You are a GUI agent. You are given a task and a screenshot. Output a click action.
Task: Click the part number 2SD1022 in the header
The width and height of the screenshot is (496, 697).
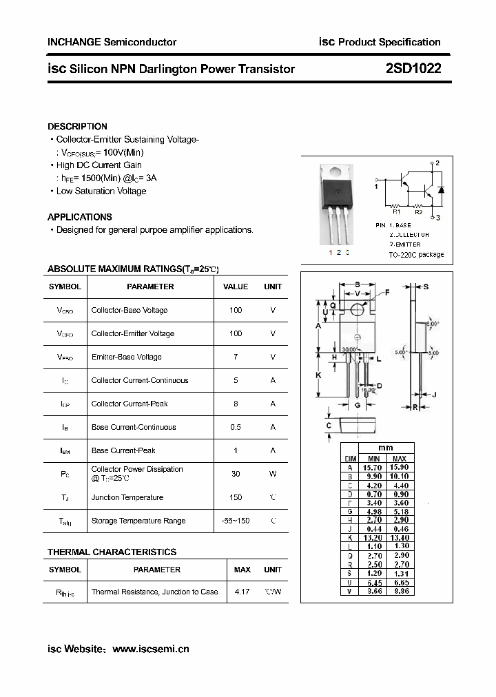tap(413, 69)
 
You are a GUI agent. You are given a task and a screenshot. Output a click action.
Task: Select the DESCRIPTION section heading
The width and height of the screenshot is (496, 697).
tap(77, 127)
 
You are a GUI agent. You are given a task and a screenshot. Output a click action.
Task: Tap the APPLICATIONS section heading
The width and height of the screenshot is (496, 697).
tap(80, 217)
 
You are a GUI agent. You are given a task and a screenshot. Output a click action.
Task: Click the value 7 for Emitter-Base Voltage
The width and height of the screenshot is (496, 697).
tap(236, 357)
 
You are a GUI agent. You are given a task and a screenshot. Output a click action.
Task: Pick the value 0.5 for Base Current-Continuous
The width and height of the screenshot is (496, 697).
tap(236, 427)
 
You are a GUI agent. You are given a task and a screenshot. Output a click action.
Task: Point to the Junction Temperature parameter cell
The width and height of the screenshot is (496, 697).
tap(127, 497)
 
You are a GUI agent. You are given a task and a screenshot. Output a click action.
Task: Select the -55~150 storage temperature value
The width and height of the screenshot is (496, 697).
tap(236, 521)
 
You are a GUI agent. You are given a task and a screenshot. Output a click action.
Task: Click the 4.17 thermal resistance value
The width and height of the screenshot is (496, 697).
tap(242, 592)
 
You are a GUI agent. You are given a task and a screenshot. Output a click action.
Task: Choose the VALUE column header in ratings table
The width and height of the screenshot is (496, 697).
tap(236, 287)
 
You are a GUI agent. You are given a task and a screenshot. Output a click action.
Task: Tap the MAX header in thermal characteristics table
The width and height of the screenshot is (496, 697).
tap(242, 570)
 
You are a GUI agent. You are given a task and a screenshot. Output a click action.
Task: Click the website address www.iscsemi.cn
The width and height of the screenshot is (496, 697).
tap(150, 649)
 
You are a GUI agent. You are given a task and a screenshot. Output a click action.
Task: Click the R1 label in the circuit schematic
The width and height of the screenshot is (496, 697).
tap(396, 213)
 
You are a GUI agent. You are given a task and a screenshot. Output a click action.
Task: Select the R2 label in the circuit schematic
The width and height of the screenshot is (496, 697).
tap(418, 213)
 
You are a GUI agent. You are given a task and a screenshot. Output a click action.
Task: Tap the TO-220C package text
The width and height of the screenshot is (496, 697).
tap(416, 255)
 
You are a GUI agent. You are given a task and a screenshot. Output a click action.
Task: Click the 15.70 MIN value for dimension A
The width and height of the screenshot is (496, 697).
tap(374, 467)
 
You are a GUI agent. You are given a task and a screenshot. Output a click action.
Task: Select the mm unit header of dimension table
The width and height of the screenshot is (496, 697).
tap(386, 448)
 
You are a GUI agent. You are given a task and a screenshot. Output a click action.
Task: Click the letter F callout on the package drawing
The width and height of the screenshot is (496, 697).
tap(387, 293)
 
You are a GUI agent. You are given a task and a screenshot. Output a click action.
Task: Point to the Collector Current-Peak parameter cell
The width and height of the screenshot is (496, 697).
tap(130, 404)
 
